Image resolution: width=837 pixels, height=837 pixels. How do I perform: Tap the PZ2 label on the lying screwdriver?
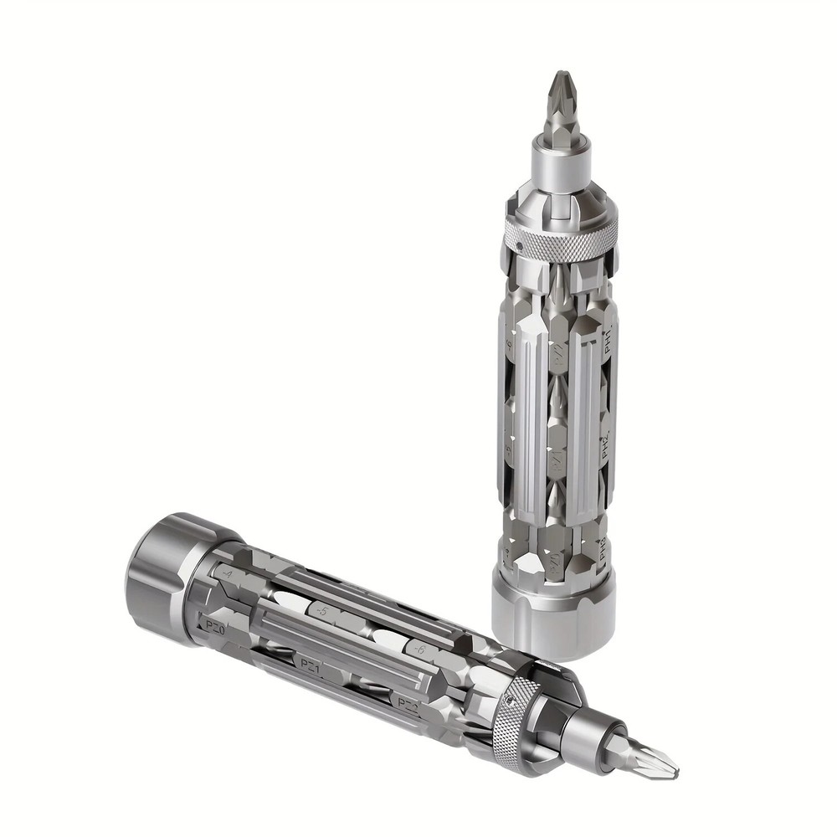[408, 704]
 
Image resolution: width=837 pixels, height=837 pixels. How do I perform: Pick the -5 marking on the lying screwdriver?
[321, 612]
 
